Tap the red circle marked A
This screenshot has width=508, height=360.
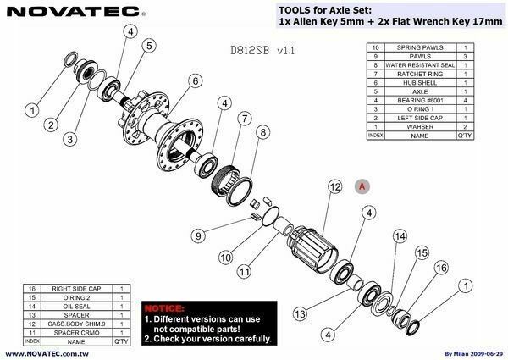click(362, 185)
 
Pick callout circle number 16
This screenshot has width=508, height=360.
click(439, 268)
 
